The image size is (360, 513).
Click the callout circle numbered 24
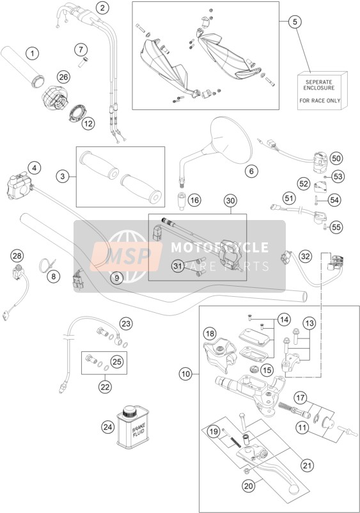109,427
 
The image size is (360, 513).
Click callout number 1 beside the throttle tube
32,53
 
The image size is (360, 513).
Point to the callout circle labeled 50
336,159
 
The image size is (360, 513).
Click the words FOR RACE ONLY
320,101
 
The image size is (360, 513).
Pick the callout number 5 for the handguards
295,22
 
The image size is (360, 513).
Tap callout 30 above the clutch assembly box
231,201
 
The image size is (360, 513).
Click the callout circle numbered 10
186,374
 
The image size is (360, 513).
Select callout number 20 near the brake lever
249,486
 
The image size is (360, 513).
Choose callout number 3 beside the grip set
63,177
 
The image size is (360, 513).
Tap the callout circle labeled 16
194,200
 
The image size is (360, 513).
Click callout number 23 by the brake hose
126,324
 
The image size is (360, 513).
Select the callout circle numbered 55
336,227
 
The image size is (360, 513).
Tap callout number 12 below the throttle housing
88,123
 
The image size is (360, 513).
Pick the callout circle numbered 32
305,256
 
